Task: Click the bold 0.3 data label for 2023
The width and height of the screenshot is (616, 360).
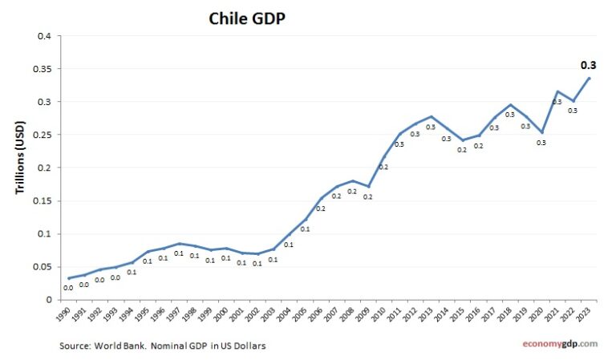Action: click(x=589, y=65)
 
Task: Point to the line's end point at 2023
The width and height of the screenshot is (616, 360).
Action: click(x=590, y=78)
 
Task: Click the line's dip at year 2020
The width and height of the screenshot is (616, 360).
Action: click(x=542, y=132)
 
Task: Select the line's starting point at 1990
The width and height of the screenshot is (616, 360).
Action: click(x=69, y=278)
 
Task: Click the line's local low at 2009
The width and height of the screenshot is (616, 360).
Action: click(x=368, y=186)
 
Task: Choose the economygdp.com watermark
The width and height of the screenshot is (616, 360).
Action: click(x=556, y=343)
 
